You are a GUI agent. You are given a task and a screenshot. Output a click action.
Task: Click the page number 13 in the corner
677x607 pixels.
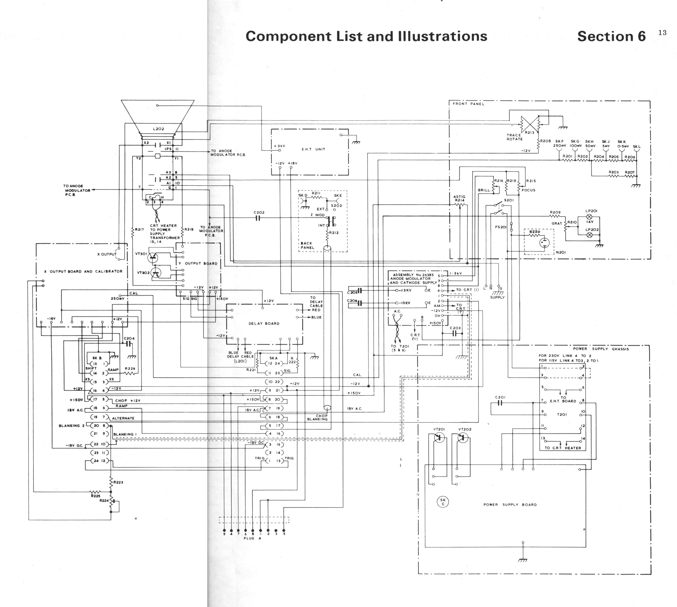click(662, 33)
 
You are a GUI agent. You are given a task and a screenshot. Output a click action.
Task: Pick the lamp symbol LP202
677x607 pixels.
click(589, 235)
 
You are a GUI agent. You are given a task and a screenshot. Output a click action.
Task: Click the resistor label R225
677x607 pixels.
click(95, 496)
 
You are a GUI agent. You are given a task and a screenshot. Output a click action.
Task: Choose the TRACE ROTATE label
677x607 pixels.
click(515, 137)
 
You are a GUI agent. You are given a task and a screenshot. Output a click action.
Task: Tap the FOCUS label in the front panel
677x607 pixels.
click(529, 190)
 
